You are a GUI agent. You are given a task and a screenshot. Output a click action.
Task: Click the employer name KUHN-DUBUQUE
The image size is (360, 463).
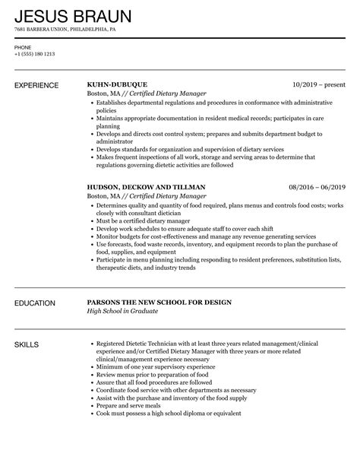(x=117, y=84)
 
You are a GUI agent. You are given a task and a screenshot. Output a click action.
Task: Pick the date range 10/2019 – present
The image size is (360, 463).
(x=319, y=84)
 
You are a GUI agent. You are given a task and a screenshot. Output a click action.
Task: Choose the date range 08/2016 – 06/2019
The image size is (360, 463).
(x=316, y=186)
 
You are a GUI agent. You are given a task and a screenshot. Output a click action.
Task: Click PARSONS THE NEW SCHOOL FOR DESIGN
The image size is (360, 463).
(x=159, y=303)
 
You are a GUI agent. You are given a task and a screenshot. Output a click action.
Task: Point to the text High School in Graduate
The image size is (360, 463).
(x=122, y=313)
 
